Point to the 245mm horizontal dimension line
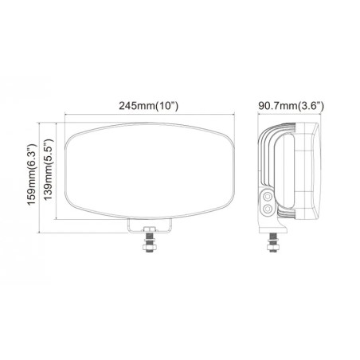[96, 116]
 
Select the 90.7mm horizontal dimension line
[292, 116]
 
